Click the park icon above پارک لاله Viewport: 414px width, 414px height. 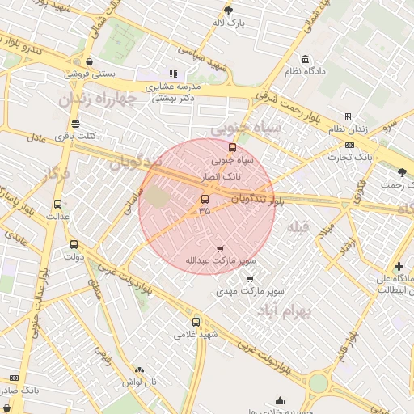click(228, 11)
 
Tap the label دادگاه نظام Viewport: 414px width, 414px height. click(303, 71)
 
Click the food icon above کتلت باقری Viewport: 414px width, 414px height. click(75, 124)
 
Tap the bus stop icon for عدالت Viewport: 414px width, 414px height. click(57, 205)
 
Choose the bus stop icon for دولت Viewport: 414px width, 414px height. click(74, 244)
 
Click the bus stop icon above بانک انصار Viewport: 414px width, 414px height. click(233, 148)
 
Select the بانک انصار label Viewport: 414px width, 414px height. click(230, 175)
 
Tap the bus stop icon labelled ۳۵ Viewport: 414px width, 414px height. click(204, 199)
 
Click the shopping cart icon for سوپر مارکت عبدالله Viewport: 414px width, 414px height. click(221, 248)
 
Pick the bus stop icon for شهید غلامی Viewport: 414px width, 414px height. click(196, 322)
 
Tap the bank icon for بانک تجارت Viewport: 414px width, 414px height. click(349, 146)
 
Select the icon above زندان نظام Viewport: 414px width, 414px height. click(348, 117)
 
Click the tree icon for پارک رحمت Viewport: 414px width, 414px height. click(403, 172)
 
